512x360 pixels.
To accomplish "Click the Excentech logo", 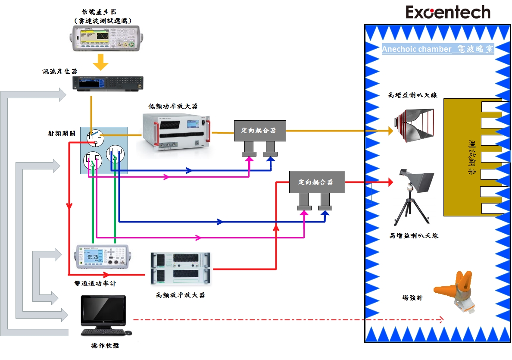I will point(448,12).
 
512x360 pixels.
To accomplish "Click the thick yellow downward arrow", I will point(101,62).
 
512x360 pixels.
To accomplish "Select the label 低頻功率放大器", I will point(173,106).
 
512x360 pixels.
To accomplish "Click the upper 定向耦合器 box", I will point(260,130).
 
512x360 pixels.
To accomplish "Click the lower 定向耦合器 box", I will point(317,182).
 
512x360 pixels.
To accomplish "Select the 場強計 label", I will point(412,297).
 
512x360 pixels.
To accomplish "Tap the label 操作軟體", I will point(105,345).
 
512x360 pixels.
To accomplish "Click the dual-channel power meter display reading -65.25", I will point(92,257).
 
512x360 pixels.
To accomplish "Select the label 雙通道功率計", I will point(95,283).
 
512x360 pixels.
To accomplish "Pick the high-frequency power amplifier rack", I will point(180,269).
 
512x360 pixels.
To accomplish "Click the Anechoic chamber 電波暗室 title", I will point(437,49).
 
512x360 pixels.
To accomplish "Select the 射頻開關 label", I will point(62,133).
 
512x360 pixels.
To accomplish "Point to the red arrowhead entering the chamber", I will point(390,182).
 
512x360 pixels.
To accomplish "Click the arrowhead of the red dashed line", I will point(441,320).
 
